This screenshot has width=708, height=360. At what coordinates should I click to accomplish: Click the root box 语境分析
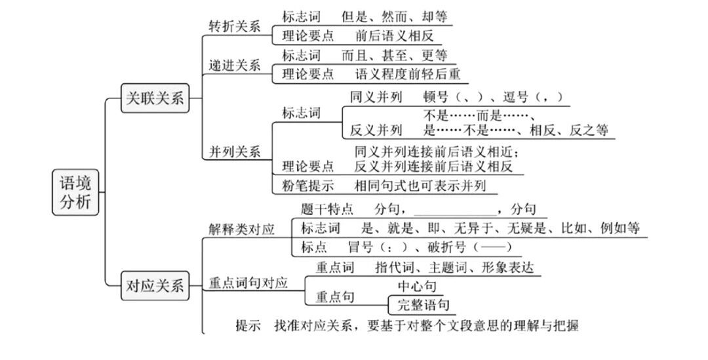(75, 192)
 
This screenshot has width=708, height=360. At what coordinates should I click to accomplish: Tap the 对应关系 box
(155, 286)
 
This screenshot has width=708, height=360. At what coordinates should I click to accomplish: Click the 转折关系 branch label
(234, 27)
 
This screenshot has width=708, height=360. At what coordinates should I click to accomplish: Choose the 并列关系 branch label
(234, 151)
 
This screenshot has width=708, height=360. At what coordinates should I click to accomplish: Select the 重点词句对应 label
(248, 283)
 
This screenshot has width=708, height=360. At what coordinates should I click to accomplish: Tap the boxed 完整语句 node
(422, 305)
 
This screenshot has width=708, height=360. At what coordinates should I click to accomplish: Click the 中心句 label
(416, 287)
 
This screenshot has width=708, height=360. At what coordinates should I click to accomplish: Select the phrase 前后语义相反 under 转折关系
(394, 35)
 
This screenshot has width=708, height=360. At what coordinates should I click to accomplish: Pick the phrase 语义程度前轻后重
(407, 73)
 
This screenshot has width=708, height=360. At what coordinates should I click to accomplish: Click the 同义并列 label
(376, 96)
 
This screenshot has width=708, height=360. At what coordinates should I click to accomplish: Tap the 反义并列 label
(376, 129)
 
